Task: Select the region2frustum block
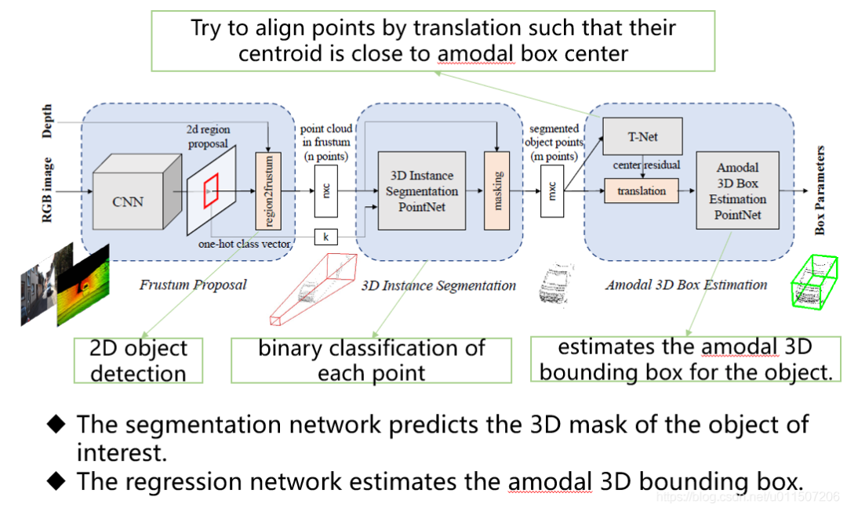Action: (x=268, y=190)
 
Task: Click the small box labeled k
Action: (x=326, y=235)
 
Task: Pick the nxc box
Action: (x=326, y=190)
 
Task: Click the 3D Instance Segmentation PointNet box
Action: (x=422, y=190)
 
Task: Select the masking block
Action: (x=497, y=190)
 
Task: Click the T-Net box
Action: (x=643, y=136)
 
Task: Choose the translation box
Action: (x=641, y=190)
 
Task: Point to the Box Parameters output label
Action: (x=820, y=190)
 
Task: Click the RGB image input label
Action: (x=48, y=190)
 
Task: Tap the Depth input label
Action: (x=48, y=121)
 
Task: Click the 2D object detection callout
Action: (x=138, y=360)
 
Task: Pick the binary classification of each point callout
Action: (x=371, y=360)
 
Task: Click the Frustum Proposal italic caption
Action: (x=193, y=284)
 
